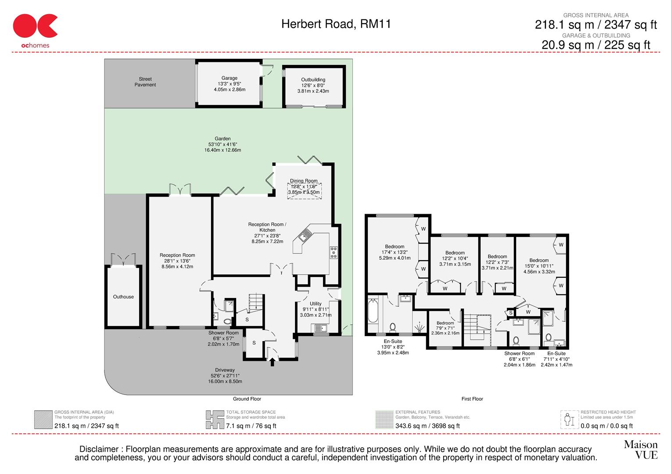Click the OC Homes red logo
[35, 27]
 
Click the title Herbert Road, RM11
[336, 24]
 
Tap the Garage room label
[229, 78]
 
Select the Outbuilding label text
[313, 80]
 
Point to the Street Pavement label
[145, 82]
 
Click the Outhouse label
[123, 297]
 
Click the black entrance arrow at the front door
[272, 362]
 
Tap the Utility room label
[316, 304]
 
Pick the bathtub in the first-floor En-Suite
[373, 315]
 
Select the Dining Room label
[304, 181]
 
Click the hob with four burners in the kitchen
[334, 253]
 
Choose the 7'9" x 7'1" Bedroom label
[445, 323]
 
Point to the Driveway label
[225, 370]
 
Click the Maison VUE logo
[641, 449]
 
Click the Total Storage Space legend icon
[215, 420]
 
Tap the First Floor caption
[472, 399]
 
